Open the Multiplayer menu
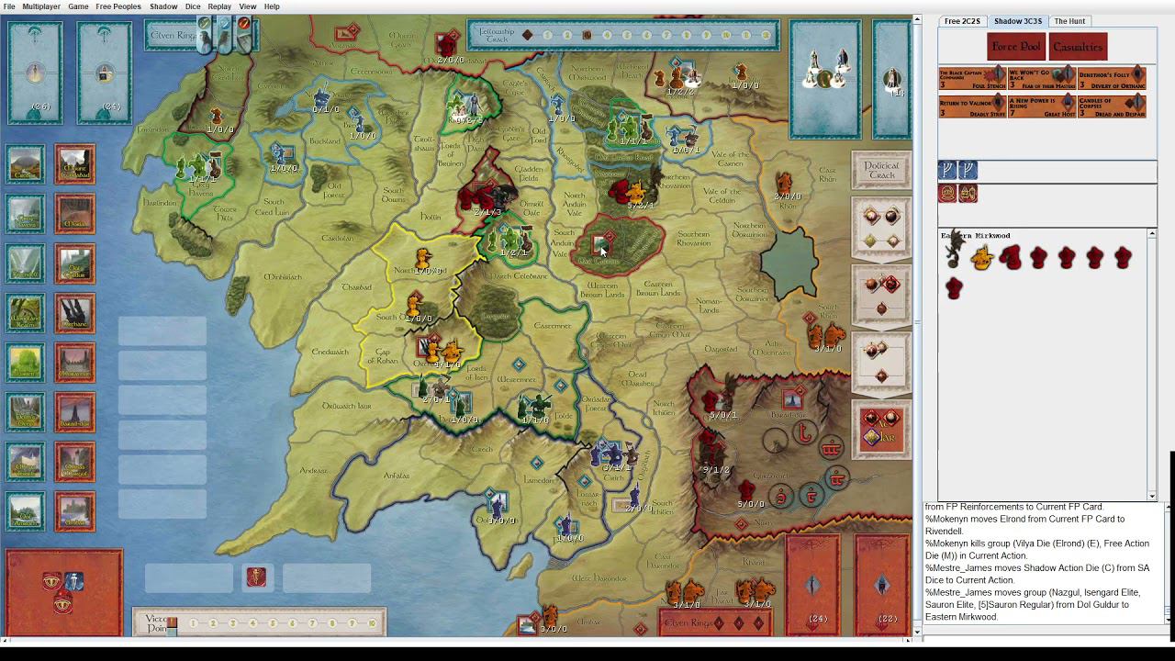tap(41, 6)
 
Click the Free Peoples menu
tap(118, 6)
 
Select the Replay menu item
tap(219, 6)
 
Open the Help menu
tap(272, 6)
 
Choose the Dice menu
tap(193, 6)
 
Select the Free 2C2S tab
tap(962, 21)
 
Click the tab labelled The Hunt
tap(1069, 21)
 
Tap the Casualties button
tap(1078, 47)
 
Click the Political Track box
tap(881, 171)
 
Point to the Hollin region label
tap(431, 217)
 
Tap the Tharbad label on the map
tap(356, 287)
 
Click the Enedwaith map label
tap(330, 352)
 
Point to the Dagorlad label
tap(721, 349)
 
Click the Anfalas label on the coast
tap(397, 476)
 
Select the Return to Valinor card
tap(972, 106)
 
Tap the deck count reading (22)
tap(887, 619)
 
